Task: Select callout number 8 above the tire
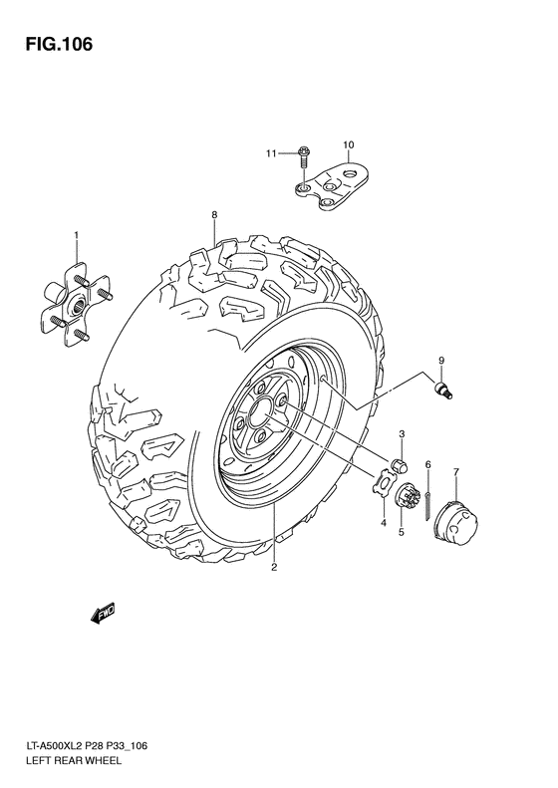pos(213,215)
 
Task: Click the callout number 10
pos(349,145)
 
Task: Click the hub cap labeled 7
pos(457,521)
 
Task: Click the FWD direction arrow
pos(103,617)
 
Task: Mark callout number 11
pos(270,153)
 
